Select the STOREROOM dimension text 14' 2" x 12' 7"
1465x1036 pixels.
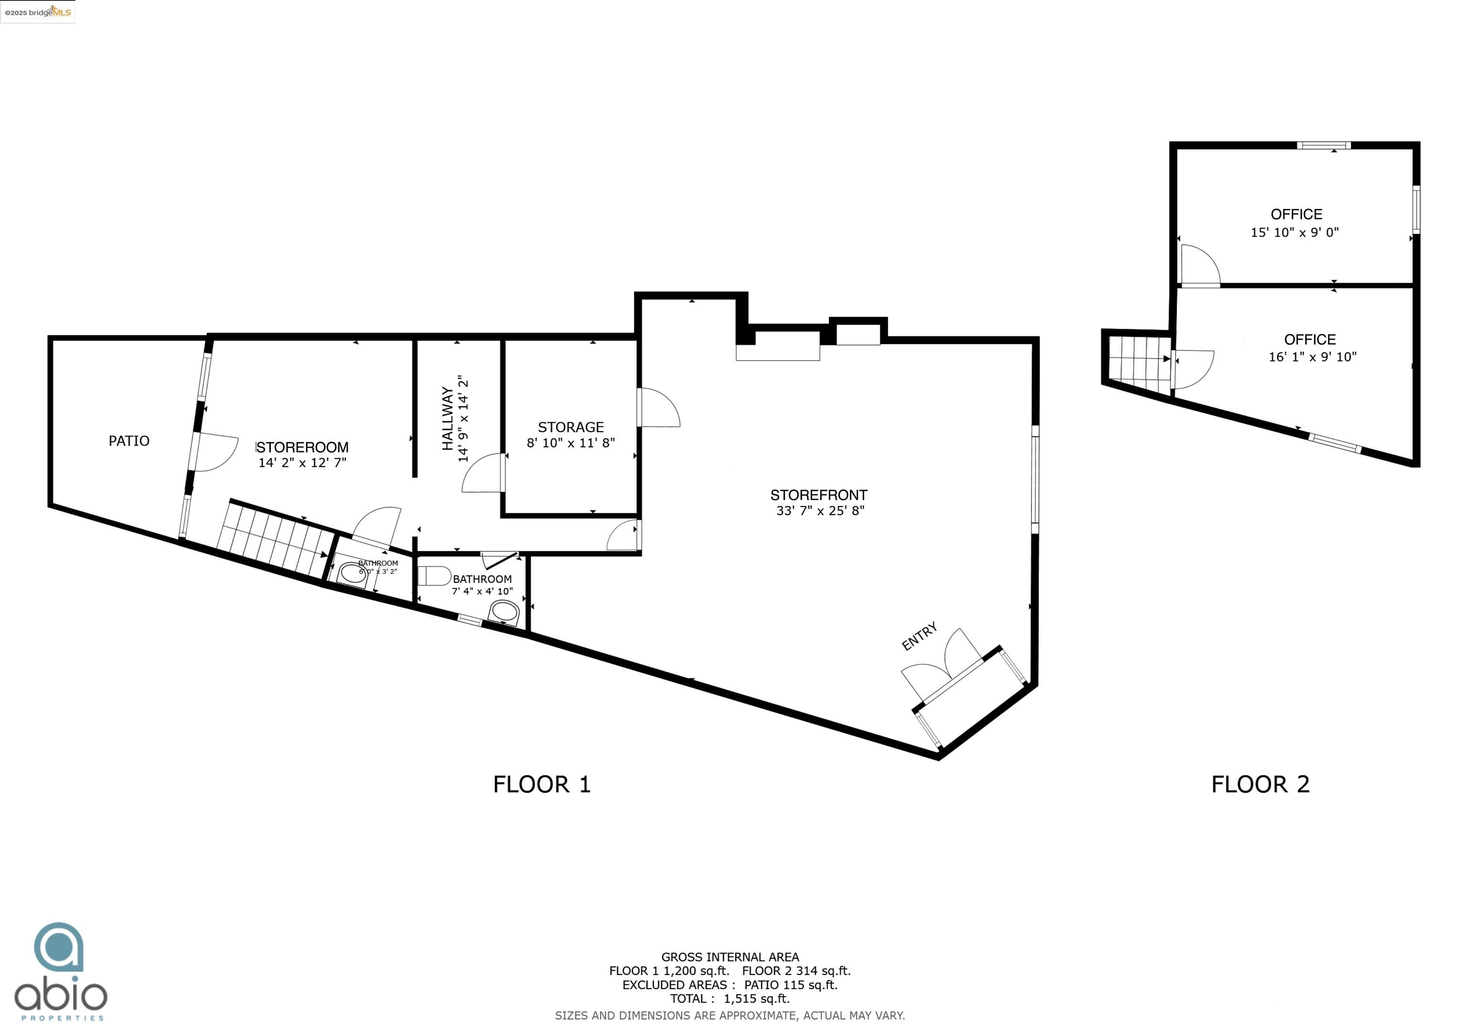pos(302,462)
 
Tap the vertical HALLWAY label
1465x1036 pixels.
pos(448,418)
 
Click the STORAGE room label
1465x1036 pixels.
pos(570,427)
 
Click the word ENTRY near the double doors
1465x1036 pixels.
pos(919,636)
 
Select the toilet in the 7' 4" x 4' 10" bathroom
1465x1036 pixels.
pos(434,576)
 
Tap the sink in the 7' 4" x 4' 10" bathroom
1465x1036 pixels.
pos(504,611)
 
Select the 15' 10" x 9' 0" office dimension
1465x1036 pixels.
pos(1295,232)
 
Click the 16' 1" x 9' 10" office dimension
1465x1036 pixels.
pos(1312,357)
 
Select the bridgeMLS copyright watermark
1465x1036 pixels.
pos(38,12)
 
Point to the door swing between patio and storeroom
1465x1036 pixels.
pos(216,452)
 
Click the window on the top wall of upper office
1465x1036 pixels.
pos(1323,145)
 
